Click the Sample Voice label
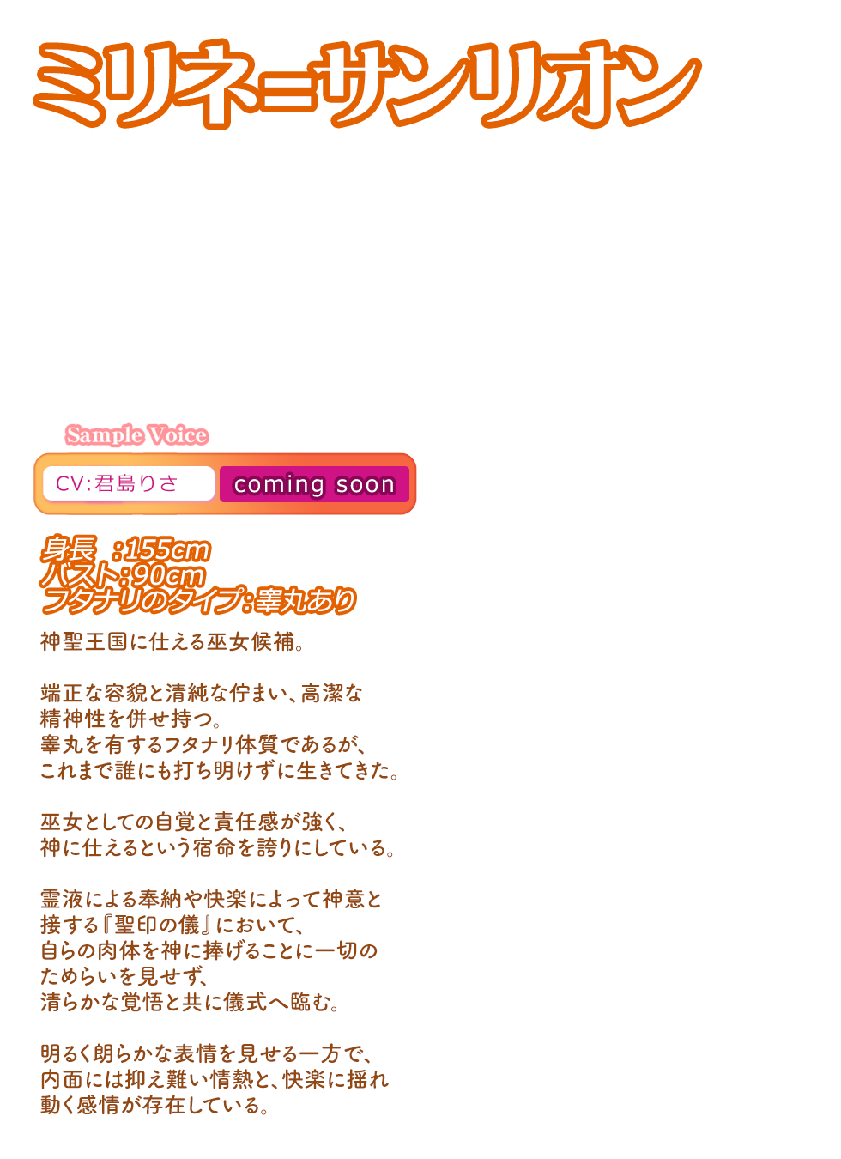(x=136, y=435)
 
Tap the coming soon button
(x=314, y=484)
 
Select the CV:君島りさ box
(x=128, y=483)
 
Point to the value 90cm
(x=169, y=575)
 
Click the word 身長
(x=68, y=549)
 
